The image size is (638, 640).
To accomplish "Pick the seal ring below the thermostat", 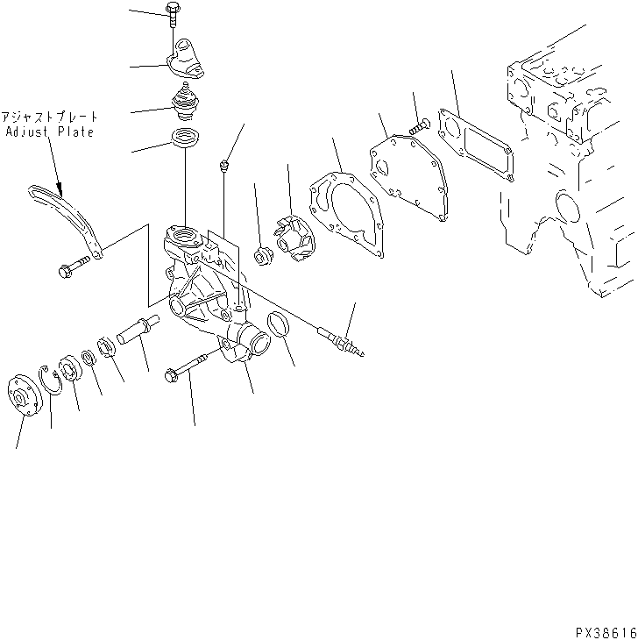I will [x=185, y=139].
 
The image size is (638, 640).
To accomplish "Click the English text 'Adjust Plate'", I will [x=50, y=132].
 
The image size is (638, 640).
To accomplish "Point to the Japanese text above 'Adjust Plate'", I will [x=50, y=117].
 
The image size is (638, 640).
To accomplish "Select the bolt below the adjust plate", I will [x=75, y=266].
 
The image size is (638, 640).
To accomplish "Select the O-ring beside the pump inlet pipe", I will [x=279, y=324].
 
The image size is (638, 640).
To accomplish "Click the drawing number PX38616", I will [x=606, y=630].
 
